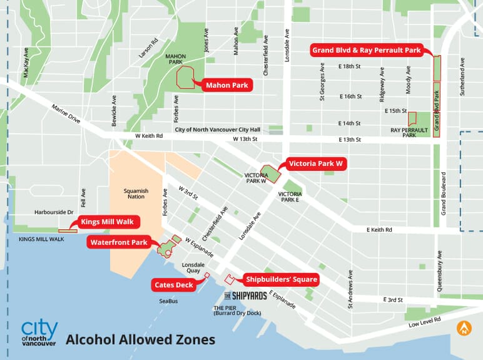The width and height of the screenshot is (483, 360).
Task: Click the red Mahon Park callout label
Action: point(226,85)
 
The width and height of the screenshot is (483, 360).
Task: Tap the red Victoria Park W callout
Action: point(316,165)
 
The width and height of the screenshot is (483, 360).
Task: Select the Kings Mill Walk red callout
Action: point(109,222)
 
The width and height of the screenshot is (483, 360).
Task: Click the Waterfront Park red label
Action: point(118,242)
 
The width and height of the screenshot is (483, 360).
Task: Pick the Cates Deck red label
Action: point(175,285)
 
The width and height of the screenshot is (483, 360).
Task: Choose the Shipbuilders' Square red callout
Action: point(280,280)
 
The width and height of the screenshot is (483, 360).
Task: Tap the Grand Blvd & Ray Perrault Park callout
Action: point(367,50)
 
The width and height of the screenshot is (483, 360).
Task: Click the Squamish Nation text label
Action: point(132,193)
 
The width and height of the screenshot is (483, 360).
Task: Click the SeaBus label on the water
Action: point(168,301)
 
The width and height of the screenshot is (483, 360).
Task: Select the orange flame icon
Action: point(464,327)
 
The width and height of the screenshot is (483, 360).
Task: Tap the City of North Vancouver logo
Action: point(39,332)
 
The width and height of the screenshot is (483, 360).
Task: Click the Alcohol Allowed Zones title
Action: point(140,340)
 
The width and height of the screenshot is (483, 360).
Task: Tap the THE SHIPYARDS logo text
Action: point(245,296)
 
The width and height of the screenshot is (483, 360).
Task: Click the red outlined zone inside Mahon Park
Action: point(186,77)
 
